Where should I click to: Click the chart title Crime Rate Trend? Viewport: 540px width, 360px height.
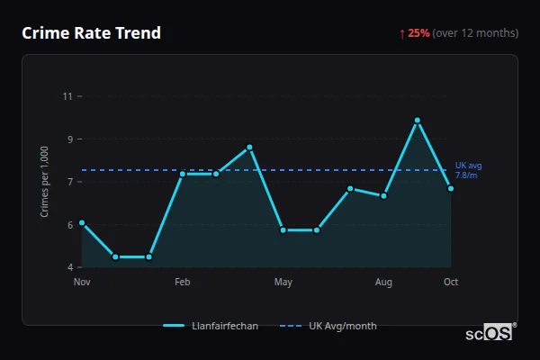91,33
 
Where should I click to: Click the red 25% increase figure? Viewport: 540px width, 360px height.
418,33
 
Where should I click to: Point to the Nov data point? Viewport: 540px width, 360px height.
82,222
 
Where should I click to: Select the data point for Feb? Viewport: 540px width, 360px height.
183,174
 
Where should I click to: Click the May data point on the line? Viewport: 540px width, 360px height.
283,230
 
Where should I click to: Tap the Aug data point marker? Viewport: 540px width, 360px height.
384,195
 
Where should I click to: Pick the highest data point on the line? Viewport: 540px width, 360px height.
418,120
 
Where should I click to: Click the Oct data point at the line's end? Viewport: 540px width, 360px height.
451,188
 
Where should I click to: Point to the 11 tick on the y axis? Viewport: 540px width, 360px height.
67,96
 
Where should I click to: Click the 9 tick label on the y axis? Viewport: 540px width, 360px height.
69,139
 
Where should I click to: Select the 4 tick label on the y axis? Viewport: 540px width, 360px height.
69,267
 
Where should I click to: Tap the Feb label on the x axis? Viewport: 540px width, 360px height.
183,283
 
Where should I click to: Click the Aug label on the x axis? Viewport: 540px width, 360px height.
384,283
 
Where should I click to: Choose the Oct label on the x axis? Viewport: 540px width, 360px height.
451,283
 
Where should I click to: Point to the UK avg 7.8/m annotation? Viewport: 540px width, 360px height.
468,171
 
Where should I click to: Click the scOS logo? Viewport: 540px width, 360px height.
490,332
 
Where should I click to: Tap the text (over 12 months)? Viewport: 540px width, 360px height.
475,33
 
